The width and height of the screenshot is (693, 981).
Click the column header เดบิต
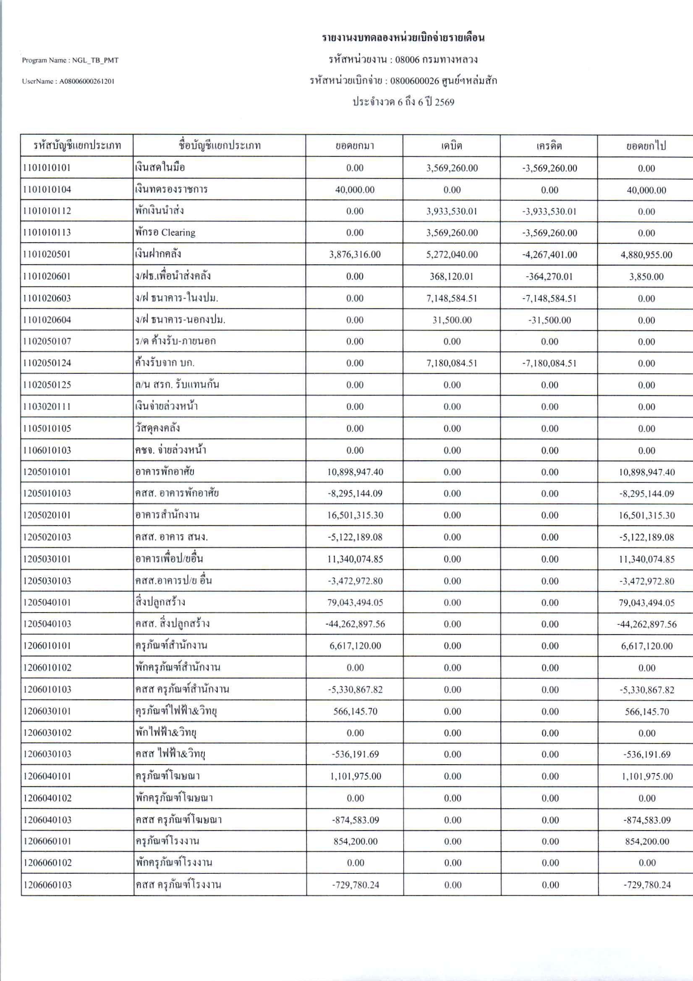[x=452, y=146]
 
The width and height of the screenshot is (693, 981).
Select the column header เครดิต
[x=549, y=146]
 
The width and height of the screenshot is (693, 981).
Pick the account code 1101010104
[x=47, y=190]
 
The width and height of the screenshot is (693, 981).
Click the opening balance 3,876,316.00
[x=354, y=255]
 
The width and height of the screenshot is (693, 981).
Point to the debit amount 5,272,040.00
[x=452, y=255]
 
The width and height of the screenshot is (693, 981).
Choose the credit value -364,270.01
[x=549, y=276]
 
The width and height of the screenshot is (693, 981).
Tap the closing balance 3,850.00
[x=646, y=276]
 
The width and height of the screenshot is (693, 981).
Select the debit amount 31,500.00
[x=452, y=320]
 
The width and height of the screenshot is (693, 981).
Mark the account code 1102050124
[x=47, y=363]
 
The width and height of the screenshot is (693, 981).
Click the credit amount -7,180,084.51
[x=549, y=363]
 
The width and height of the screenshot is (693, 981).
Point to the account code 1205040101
[x=47, y=602]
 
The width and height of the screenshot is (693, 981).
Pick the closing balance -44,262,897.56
[x=646, y=624]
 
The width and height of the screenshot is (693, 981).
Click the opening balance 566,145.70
[x=355, y=711]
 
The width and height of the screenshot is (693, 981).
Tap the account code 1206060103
[x=47, y=885]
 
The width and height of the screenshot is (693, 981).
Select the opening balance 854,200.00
[x=355, y=841]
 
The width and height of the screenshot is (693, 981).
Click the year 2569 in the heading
[x=445, y=102]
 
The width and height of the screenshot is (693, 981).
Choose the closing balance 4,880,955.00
[x=646, y=255]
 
